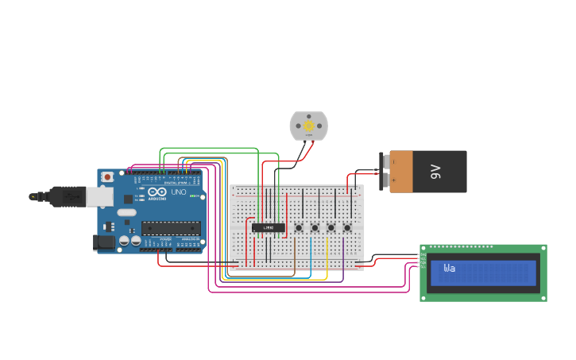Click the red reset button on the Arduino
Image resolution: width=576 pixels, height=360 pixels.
click(107, 176)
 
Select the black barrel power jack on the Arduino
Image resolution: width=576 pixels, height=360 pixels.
click(103, 243)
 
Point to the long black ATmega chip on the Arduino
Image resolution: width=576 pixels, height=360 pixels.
click(170, 228)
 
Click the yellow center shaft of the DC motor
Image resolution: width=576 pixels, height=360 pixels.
click(308, 126)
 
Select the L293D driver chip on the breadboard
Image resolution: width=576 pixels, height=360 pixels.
click(269, 228)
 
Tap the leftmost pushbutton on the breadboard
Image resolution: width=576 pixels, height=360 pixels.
click(299, 228)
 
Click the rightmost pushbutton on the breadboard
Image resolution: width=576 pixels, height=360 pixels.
click(347, 228)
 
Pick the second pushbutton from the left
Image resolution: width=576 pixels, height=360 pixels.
click(315, 228)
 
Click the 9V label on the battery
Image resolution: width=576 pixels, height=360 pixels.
click(435, 171)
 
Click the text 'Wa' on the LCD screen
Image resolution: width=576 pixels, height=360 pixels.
click(450, 269)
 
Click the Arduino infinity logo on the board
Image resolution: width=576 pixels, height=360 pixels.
click(153, 192)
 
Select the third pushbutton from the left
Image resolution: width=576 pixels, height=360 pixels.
click(331, 228)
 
